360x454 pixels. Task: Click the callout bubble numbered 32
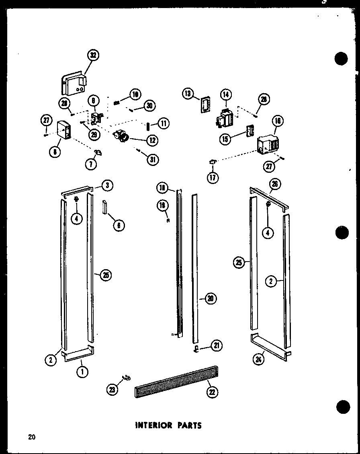[x=94, y=56]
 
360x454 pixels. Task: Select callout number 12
[x=152, y=140]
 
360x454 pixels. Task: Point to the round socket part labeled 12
[x=121, y=137]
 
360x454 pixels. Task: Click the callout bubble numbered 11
[x=163, y=123]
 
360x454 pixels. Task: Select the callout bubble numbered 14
[x=226, y=94]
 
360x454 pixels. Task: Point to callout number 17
[x=213, y=177]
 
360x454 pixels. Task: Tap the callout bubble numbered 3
[x=107, y=185]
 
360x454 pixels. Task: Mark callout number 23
[x=112, y=389]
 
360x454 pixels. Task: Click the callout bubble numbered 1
[x=82, y=372]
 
